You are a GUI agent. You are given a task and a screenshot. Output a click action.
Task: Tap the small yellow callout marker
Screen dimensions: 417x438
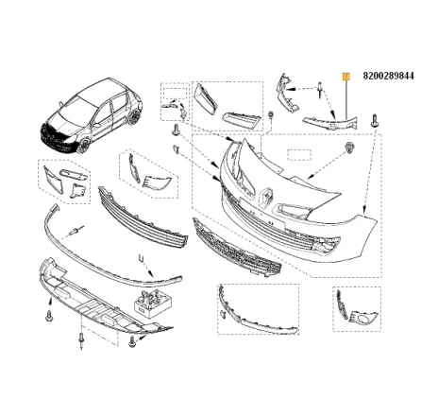pos(346,74)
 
